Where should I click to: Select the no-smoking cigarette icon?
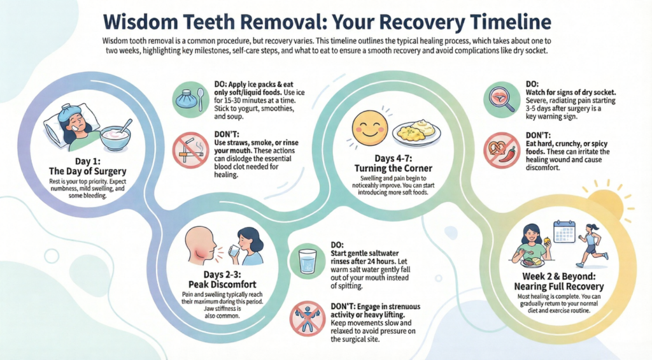click(191, 150)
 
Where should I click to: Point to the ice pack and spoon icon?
click(191, 99)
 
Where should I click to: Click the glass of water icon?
click(308, 261)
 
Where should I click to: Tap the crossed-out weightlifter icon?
click(308, 319)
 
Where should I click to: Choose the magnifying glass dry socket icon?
click(502, 99)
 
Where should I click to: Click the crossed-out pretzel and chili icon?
click(502, 150)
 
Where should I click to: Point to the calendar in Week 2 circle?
click(564, 231)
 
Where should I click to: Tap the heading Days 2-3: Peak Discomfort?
click(222, 279)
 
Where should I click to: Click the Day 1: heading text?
click(88, 161)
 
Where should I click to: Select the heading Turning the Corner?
click(393, 169)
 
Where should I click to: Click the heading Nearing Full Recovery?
click(559, 286)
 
